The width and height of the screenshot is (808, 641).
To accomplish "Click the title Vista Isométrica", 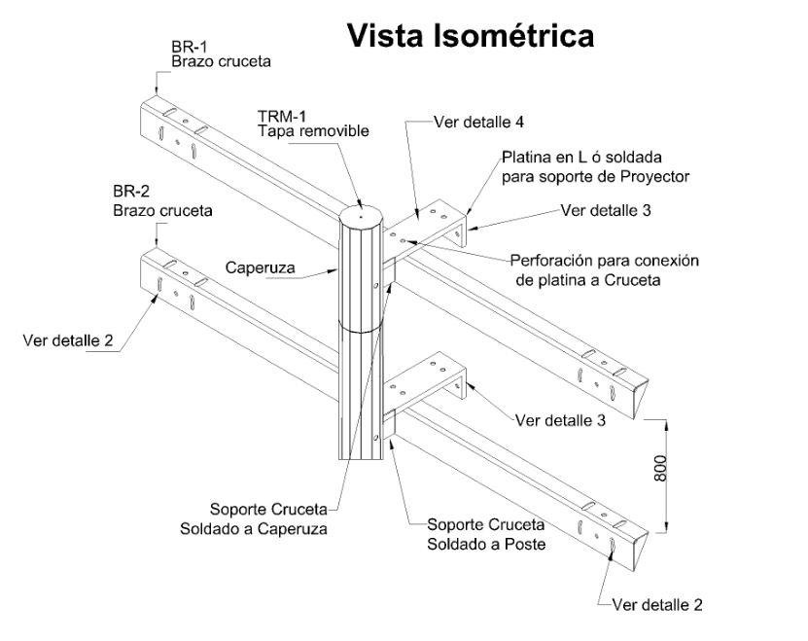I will click(x=470, y=36).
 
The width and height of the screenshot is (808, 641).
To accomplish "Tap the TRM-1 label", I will click(x=280, y=114).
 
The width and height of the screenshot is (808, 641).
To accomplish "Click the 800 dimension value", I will click(x=659, y=472).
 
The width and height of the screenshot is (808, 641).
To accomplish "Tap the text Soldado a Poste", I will click(x=486, y=544).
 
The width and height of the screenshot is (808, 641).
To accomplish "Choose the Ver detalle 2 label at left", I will click(x=69, y=340).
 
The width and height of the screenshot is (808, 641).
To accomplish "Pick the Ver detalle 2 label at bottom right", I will click(x=657, y=604).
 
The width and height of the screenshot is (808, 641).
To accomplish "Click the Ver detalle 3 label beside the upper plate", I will click(x=607, y=210).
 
